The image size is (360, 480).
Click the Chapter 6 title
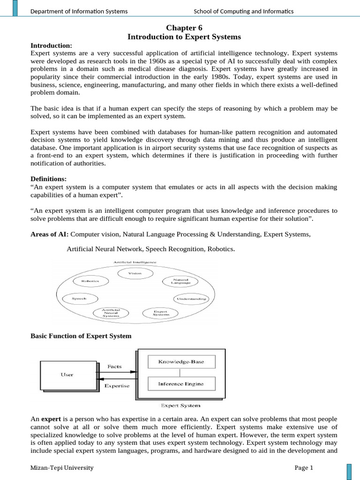(184, 28)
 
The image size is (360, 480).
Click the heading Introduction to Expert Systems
(184, 37)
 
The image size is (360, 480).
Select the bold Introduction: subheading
(51, 45)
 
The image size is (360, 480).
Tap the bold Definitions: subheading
(48, 179)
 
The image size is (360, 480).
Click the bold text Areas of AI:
(49, 234)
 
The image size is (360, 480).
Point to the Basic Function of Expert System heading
(81, 336)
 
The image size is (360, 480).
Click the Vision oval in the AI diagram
(135, 273)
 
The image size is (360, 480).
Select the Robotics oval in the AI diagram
(90, 281)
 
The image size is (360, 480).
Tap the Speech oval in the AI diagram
(79, 299)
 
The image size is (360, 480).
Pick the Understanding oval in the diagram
(190, 299)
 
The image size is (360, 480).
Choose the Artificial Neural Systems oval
(111, 313)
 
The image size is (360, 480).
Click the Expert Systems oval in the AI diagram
(161, 313)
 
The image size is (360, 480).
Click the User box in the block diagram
(67, 375)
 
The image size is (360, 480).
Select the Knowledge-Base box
(180, 361)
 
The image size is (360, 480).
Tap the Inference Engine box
(180, 384)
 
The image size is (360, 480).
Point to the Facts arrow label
(115, 366)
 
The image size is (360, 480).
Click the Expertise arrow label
(117, 386)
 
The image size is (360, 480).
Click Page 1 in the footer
(303, 467)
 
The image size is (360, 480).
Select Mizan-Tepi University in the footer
(62, 467)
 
